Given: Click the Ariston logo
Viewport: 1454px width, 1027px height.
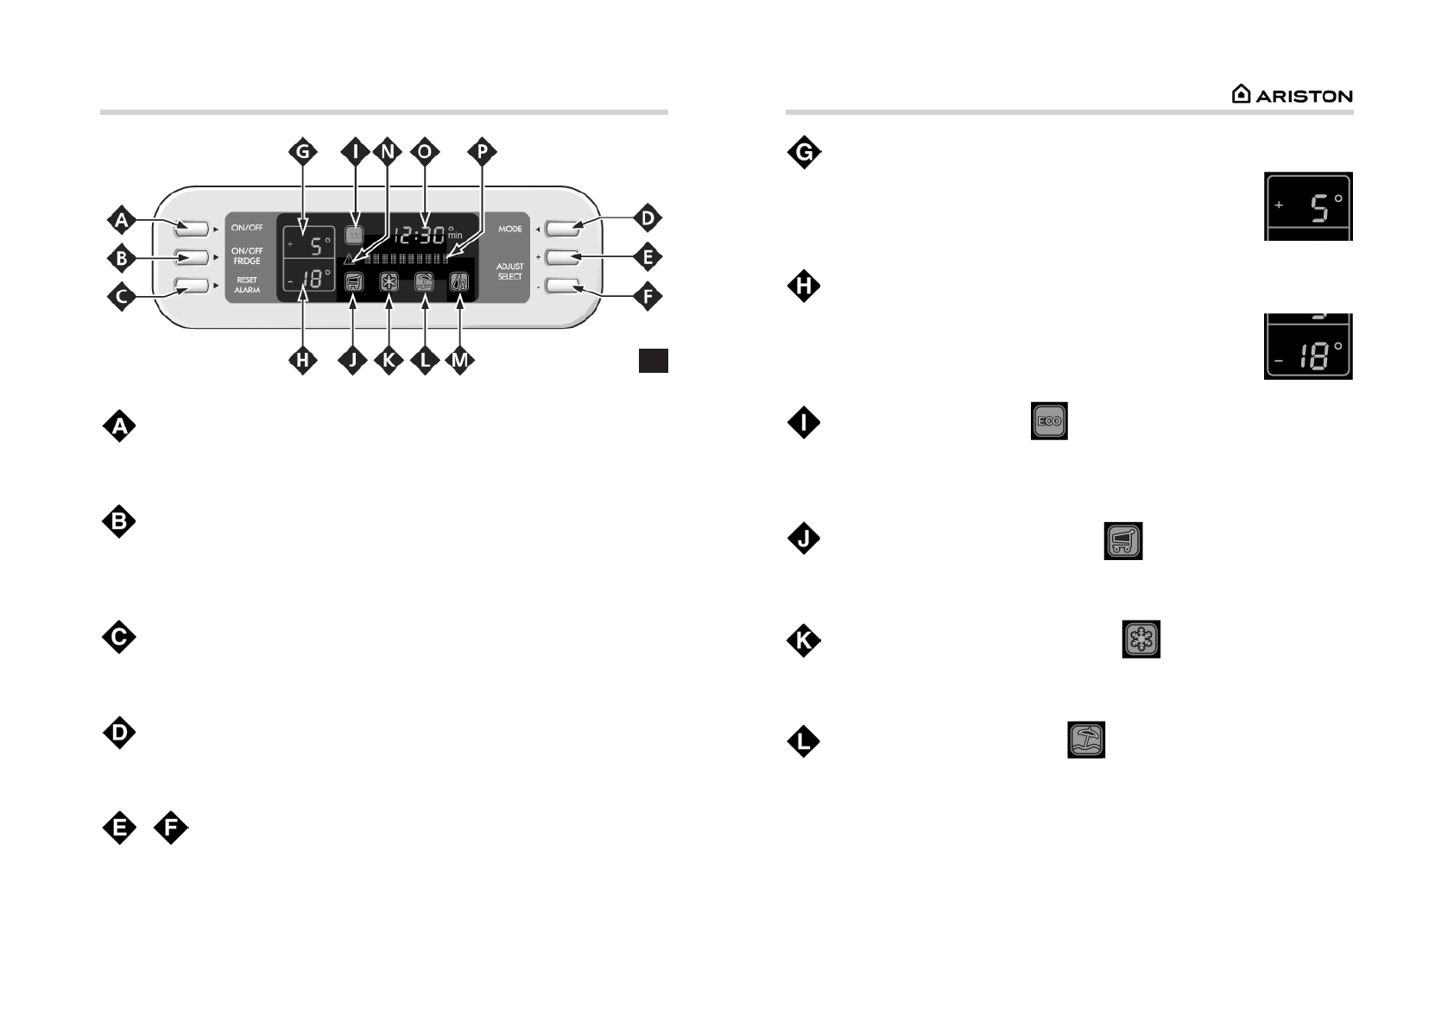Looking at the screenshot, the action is [x=1292, y=95].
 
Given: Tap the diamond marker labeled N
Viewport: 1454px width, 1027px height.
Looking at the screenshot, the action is [x=387, y=152].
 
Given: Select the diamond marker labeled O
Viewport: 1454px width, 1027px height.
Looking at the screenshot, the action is [x=424, y=152].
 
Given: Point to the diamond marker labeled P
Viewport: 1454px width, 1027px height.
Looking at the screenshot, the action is [x=482, y=152].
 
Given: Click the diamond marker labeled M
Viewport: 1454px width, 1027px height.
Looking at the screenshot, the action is [x=459, y=361].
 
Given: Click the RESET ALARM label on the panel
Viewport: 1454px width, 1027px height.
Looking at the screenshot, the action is [x=247, y=285].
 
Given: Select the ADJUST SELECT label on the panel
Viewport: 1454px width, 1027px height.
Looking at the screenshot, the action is [x=509, y=271].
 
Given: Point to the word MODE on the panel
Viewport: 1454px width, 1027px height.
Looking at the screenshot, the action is [x=509, y=229].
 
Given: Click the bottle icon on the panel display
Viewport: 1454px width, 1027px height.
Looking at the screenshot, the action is [x=459, y=281].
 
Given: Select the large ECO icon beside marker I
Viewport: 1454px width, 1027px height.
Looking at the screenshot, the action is [x=1049, y=421].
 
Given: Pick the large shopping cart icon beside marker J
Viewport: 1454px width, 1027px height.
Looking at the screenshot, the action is [x=1122, y=540].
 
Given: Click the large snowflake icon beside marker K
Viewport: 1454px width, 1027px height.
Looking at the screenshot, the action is [x=1141, y=640].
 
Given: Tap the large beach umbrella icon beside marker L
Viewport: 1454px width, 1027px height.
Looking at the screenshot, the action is [x=1086, y=740].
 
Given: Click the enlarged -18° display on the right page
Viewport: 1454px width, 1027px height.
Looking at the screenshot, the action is [x=1308, y=348].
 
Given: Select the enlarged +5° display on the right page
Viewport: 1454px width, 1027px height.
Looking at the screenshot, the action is [x=1308, y=206].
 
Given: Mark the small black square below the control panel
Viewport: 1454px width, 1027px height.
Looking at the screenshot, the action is [x=654, y=361].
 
